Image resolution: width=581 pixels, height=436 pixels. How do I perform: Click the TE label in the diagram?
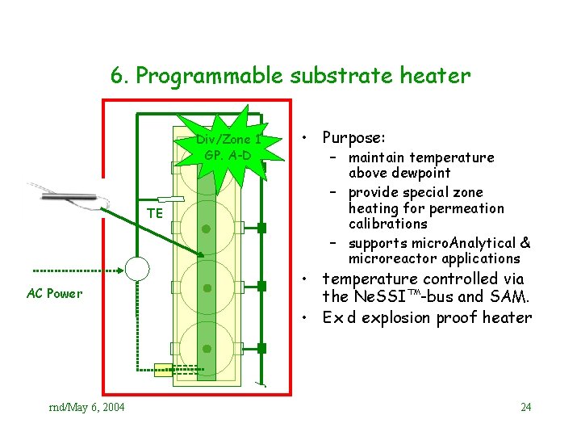pos(155,213)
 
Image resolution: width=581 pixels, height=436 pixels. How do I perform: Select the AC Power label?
pos(54,293)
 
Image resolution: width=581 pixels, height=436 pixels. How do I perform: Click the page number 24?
pos(526,406)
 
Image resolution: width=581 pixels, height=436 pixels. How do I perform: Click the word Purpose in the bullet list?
pos(353,137)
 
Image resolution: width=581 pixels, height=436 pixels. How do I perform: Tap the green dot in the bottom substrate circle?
pos(207,349)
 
